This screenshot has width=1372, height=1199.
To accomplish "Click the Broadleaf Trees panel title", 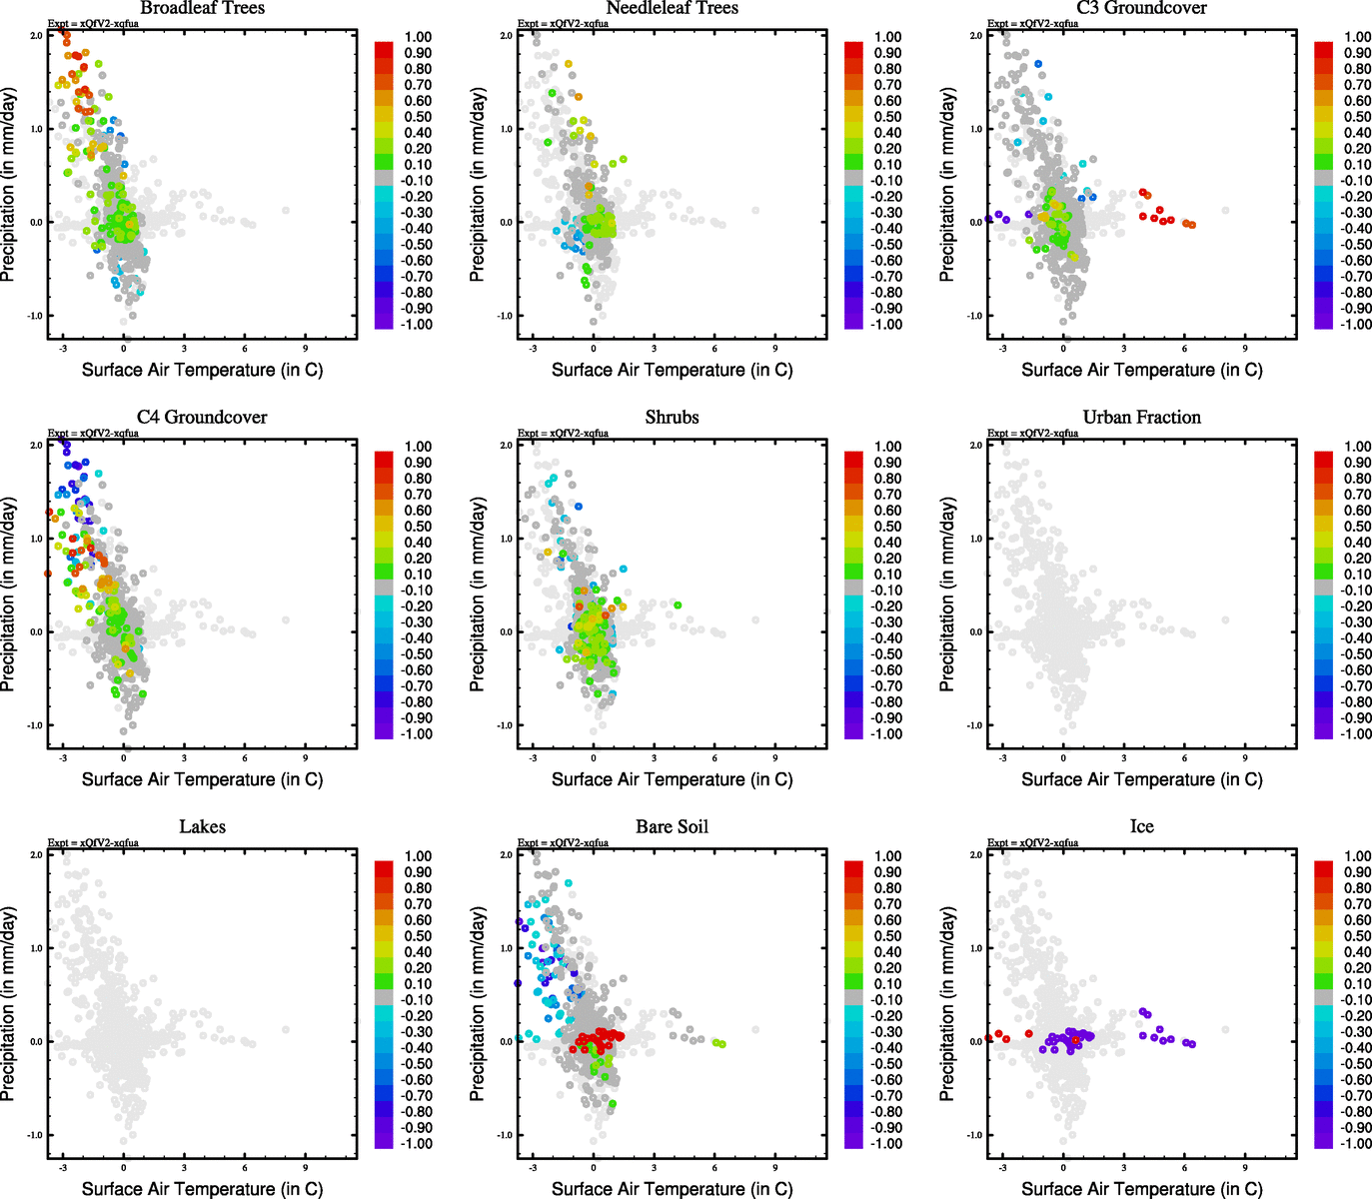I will (202, 8).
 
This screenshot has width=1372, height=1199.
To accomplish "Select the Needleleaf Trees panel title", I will (672, 8).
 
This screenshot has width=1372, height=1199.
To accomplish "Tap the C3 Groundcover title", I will (1141, 8).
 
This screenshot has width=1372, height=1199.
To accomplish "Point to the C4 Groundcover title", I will (202, 418).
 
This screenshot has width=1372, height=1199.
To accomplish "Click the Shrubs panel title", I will (672, 418).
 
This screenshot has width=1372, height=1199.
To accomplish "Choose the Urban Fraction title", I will (1141, 418).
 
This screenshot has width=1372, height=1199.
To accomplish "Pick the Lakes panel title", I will (202, 827).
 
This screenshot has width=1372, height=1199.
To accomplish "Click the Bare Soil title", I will (672, 827).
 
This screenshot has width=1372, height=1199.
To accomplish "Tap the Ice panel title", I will (1141, 827).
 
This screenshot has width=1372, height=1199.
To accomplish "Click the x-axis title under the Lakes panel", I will (202, 1189).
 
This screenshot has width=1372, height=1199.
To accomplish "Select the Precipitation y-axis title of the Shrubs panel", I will (478, 595).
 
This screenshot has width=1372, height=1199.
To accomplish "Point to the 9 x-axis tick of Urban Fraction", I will (1245, 758).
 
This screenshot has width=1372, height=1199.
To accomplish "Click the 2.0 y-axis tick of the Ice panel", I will (975, 855).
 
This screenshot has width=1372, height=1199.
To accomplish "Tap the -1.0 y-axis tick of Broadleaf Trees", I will (35, 316).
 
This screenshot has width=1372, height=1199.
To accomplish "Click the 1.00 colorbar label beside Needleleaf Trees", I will (887, 37).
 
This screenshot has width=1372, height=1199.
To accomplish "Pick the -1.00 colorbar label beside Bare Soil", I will (887, 1144).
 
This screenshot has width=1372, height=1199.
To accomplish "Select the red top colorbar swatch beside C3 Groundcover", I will (1323, 50).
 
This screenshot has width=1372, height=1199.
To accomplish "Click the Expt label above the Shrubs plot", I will (563, 434).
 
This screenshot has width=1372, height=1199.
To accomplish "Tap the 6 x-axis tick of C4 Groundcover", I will (245, 758).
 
